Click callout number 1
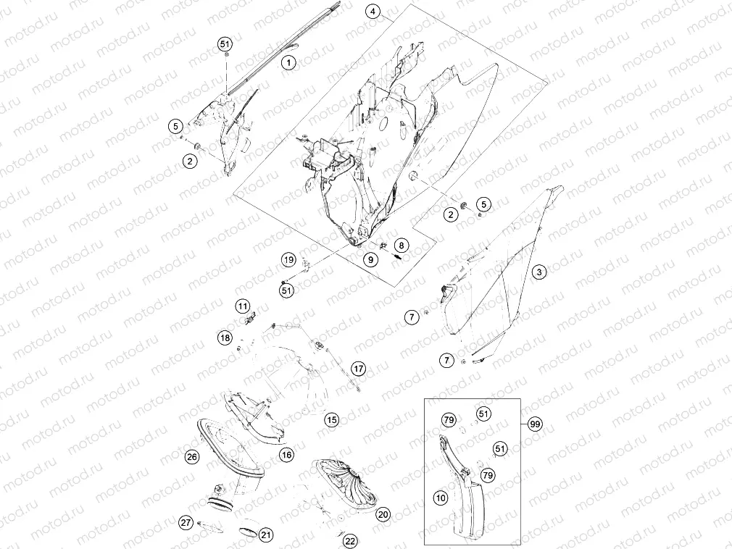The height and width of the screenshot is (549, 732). click(289, 62)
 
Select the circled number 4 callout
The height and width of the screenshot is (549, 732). click(373, 12)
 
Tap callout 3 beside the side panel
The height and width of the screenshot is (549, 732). click(539, 272)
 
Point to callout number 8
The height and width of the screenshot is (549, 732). click(401, 245)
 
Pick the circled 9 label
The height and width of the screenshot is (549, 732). click(370, 260)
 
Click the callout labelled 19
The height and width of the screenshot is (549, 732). click(288, 260)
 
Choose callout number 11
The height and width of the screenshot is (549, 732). click(242, 306)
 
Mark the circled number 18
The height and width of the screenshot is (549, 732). click(225, 338)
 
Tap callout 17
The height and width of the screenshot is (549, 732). click(358, 369)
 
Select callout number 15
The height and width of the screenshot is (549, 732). click(331, 420)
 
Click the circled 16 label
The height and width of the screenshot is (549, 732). click(286, 455)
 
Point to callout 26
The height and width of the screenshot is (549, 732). click(192, 456)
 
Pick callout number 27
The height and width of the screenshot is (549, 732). click(186, 522)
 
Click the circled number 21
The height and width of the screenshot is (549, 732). click(266, 535)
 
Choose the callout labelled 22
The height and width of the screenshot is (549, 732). click(350, 541)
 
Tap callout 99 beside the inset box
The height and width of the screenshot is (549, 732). click(535, 424)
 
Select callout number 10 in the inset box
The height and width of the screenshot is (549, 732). click(441, 498)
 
